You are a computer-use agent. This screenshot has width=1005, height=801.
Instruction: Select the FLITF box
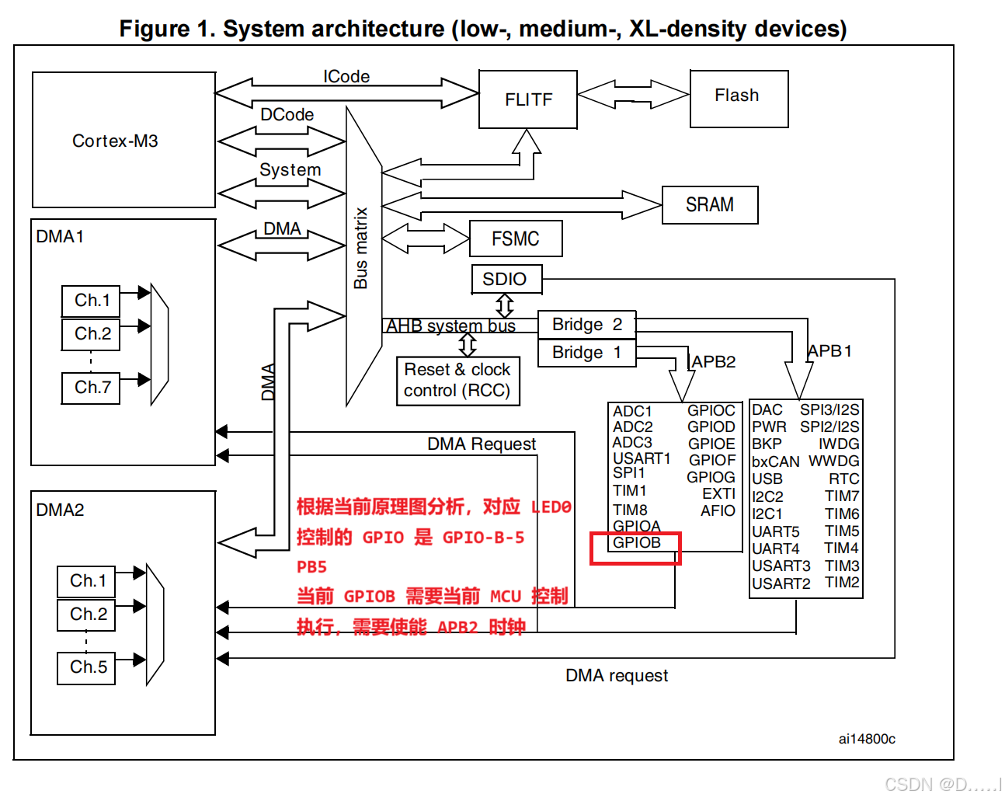pos(528,99)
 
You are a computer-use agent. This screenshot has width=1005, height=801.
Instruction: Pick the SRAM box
pos(709,205)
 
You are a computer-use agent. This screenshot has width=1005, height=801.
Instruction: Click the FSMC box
pos(516,239)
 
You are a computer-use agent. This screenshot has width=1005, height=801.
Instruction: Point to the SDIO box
pos(506,279)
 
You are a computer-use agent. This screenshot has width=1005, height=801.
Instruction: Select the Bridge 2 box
pos(586,324)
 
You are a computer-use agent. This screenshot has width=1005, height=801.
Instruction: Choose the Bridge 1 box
pos(586,353)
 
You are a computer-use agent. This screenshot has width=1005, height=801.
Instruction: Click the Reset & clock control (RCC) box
pos(457,380)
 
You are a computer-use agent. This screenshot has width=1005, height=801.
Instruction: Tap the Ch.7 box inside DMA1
pos(92,388)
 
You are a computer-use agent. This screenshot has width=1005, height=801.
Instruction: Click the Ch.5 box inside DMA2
pos(88,667)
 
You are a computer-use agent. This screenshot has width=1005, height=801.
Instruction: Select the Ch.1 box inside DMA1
pos(92,301)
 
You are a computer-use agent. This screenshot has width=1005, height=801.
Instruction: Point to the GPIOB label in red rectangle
pos(636,543)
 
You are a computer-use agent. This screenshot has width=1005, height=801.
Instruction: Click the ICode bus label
pos(346,76)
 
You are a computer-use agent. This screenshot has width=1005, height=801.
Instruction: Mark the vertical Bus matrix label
pos(360,248)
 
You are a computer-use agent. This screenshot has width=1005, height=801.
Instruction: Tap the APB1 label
pos(829,351)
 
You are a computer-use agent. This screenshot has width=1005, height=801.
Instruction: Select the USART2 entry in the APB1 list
pos(781,583)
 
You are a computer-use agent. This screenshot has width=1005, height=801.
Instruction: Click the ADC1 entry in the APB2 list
pos(632,411)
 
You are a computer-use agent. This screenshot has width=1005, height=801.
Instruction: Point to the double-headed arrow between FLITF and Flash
pos(633,95)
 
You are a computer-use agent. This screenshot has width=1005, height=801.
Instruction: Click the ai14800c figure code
pos(867,739)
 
